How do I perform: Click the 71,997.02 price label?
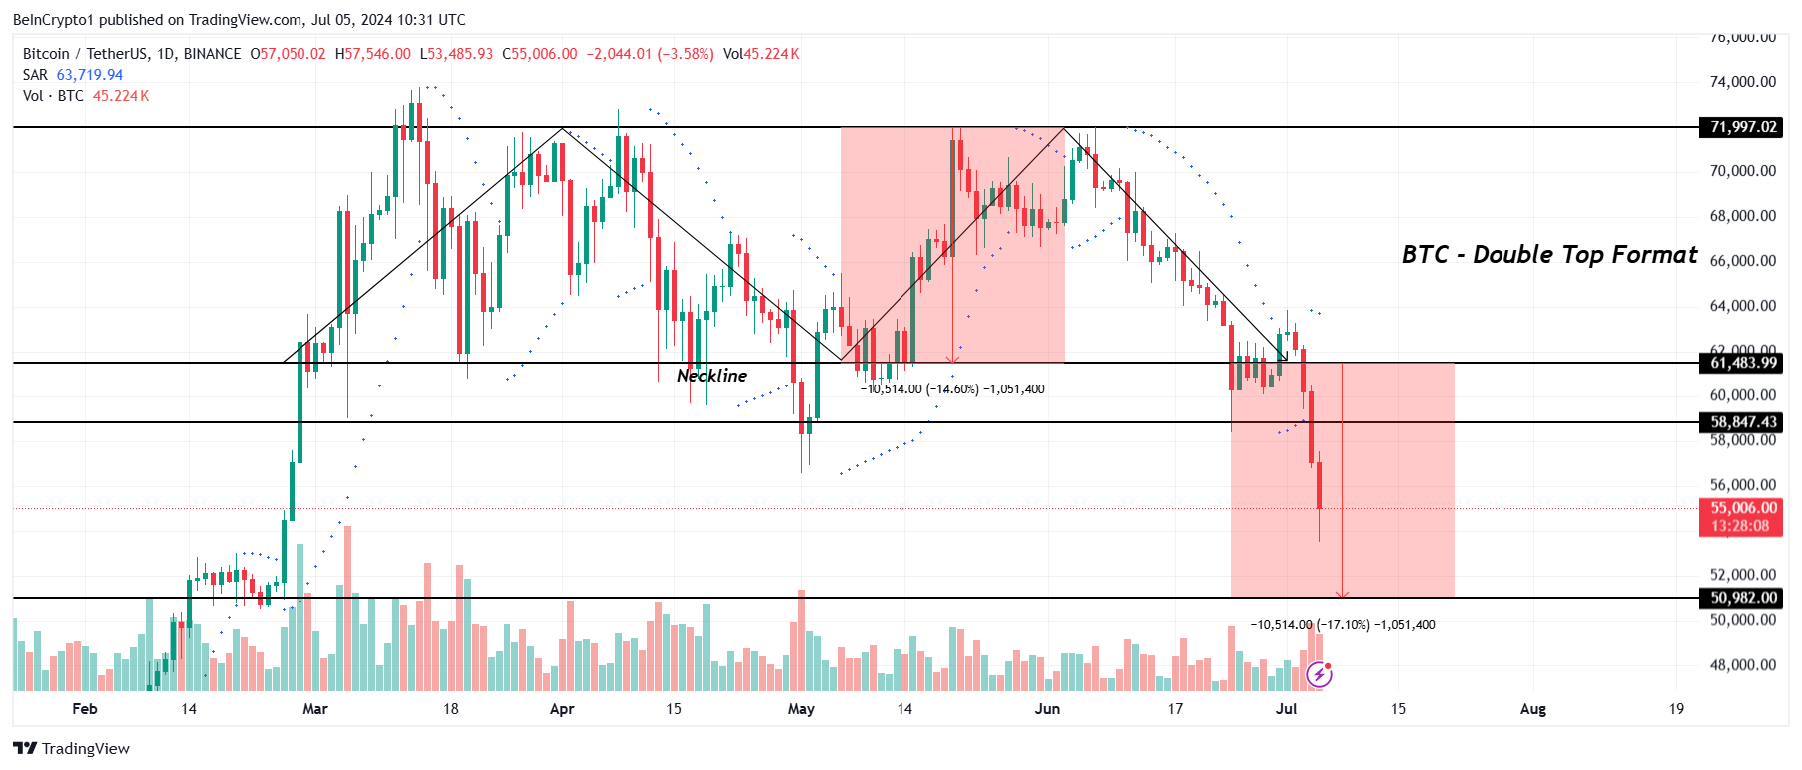(x=1742, y=127)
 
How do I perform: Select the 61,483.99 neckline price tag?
(x=1742, y=363)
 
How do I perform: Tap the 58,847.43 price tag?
(x=1742, y=422)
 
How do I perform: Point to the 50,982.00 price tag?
(x=1742, y=598)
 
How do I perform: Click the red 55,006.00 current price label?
(x=1742, y=508)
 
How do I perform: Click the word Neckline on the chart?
(x=711, y=376)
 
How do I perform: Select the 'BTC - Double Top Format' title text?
(x=1548, y=255)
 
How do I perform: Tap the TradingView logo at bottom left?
(x=72, y=748)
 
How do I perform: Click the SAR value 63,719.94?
(x=90, y=75)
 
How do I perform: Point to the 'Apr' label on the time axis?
(x=562, y=709)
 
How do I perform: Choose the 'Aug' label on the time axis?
(x=1532, y=709)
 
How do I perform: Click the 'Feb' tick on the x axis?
(x=85, y=709)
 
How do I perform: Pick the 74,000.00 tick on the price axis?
(x=1742, y=82)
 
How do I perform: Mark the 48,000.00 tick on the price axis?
(x=1742, y=665)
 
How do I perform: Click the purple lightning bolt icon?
(x=1319, y=675)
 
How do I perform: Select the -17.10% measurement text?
(x=1343, y=625)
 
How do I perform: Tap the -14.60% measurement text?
(x=952, y=389)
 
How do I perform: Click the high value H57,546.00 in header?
(x=373, y=54)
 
